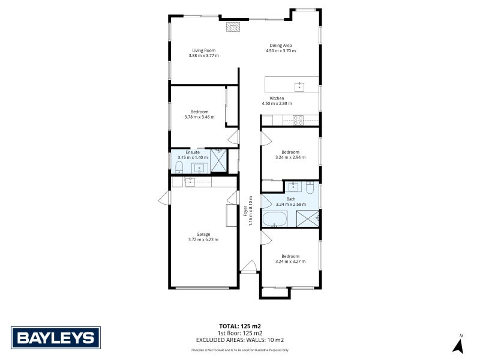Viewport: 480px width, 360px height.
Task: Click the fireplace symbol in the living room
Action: click(233, 27)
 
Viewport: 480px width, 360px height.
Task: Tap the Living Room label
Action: click(203, 50)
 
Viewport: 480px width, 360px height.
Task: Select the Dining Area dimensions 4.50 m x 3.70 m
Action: click(281, 51)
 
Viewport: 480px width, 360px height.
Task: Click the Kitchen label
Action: click(277, 98)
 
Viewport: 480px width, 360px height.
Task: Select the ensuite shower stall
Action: click(219, 160)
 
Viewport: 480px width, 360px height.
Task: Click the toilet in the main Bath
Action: click(308, 188)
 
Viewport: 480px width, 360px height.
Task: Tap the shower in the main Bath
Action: click(308, 218)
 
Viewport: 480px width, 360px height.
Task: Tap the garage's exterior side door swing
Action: click(164, 199)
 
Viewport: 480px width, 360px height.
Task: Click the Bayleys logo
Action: click(55, 337)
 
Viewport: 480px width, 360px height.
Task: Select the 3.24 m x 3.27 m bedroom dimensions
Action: click(290, 262)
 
